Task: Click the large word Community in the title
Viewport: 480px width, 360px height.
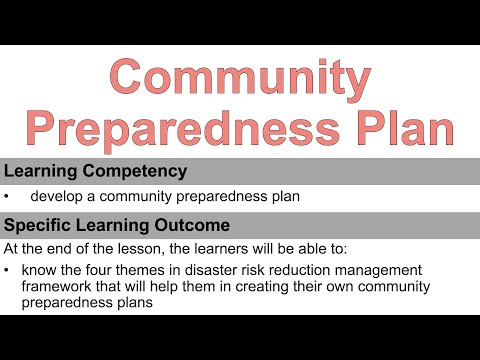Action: pyautogui.click(x=240, y=78)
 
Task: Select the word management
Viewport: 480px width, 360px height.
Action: pyautogui.click(x=391, y=270)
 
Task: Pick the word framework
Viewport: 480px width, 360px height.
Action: pyautogui.click(x=62, y=286)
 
